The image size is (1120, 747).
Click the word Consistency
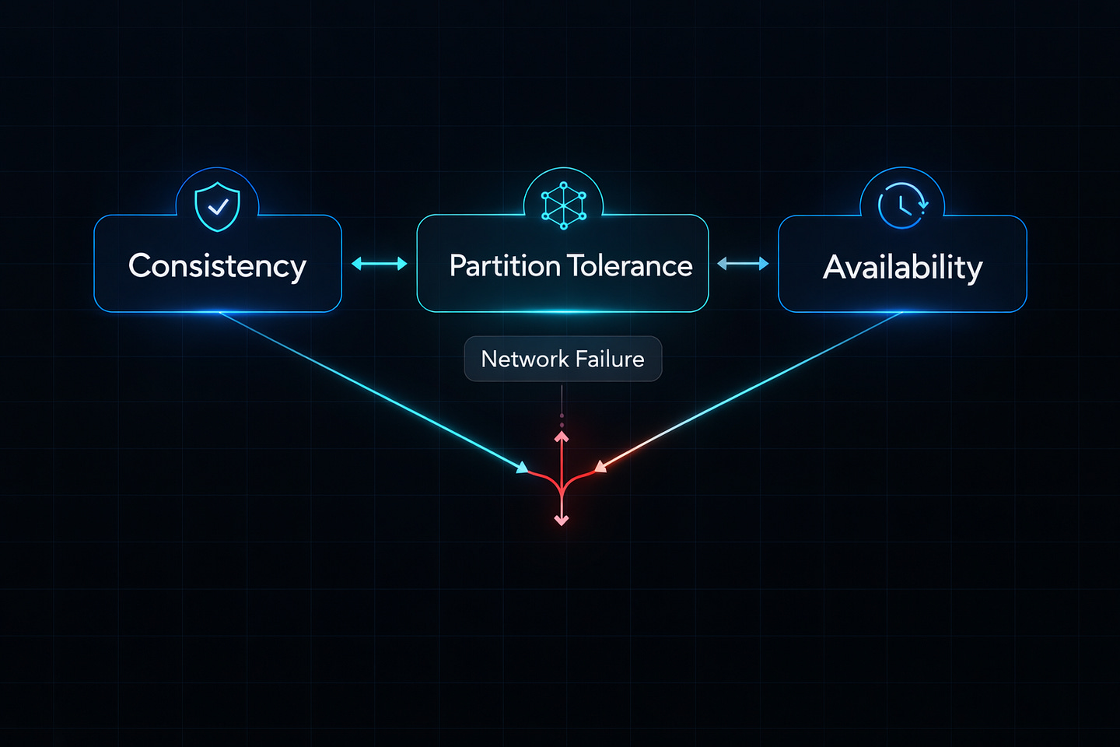click(x=217, y=266)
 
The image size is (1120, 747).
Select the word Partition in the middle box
click(x=505, y=266)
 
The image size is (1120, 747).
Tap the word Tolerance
click(x=631, y=266)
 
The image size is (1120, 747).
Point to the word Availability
click(x=902, y=268)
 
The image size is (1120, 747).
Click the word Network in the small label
click(x=525, y=359)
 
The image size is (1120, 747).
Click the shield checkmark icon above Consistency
click(x=217, y=206)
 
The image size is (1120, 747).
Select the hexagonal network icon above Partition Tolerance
click(x=564, y=205)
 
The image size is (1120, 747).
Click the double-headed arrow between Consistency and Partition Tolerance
click(x=380, y=264)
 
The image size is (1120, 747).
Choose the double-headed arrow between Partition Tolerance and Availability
click(x=743, y=264)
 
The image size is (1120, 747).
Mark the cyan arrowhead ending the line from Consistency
click(x=522, y=468)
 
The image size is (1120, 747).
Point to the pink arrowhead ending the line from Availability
click(x=600, y=467)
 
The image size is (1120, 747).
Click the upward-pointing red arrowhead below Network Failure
click(x=562, y=437)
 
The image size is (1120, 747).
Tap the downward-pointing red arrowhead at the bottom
click(x=562, y=519)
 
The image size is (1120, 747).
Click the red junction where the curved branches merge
click(x=562, y=489)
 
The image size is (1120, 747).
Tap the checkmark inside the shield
click(x=219, y=206)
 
